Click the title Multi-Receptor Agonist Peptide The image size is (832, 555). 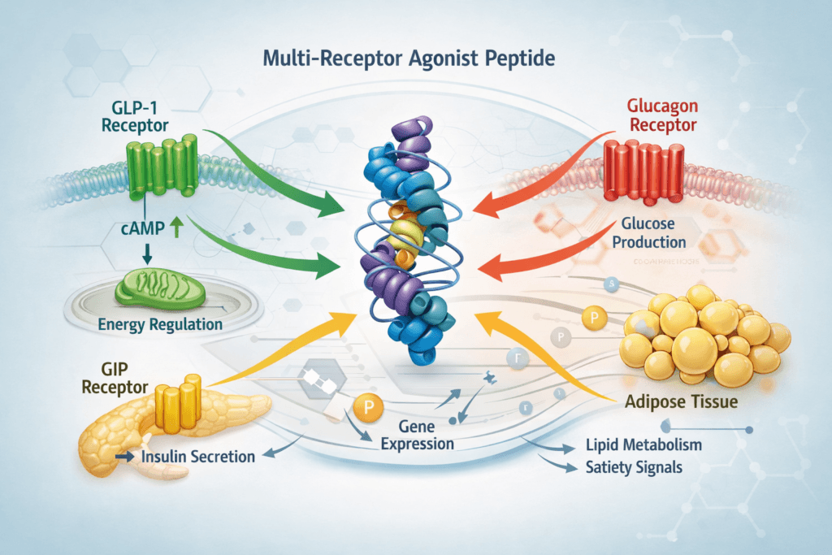click(415, 61)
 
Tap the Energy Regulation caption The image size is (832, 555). click(160, 324)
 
